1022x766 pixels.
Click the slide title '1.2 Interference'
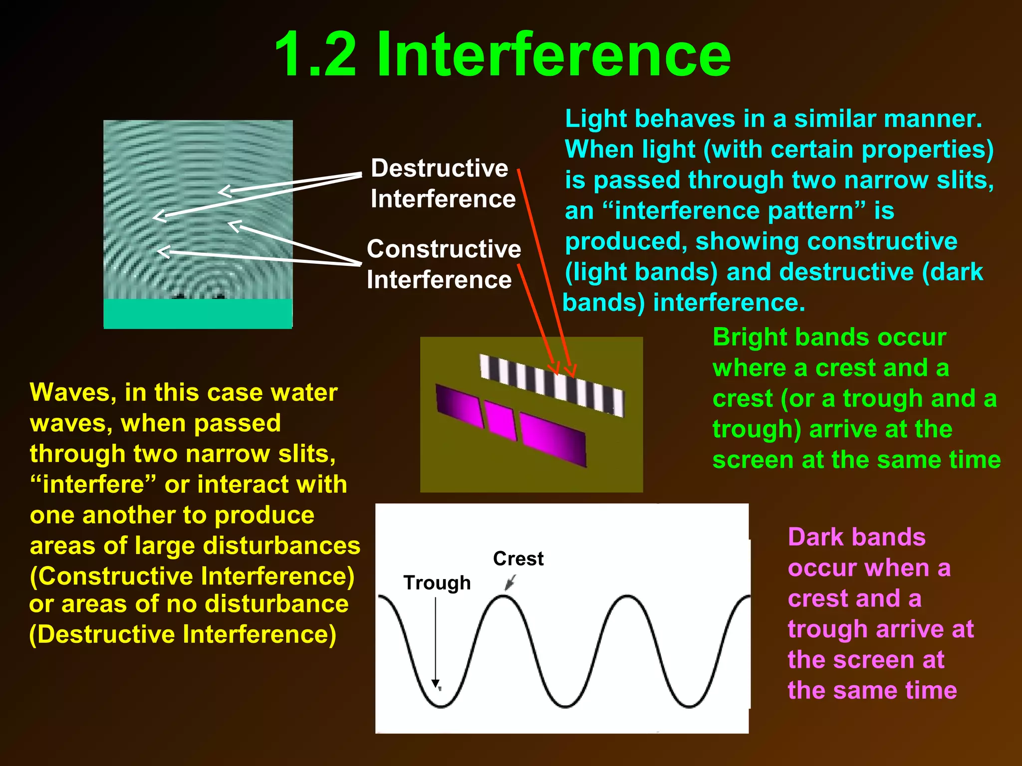point(503,55)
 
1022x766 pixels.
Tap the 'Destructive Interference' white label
point(443,184)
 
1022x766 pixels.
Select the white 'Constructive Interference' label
point(444,264)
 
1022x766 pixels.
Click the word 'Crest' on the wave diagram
point(518,559)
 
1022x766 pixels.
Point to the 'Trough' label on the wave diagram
point(437,582)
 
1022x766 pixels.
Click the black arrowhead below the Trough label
point(436,683)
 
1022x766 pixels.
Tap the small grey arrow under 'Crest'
point(510,582)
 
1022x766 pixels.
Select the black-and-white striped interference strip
point(551,384)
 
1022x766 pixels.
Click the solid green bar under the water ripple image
point(198,313)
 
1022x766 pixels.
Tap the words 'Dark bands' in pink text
point(856,538)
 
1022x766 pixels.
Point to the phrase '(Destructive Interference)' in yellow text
point(183,635)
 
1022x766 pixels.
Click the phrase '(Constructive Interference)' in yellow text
point(192,576)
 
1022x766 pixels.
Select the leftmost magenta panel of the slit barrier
point(460,406)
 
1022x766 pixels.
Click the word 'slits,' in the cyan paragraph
point(965,180)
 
